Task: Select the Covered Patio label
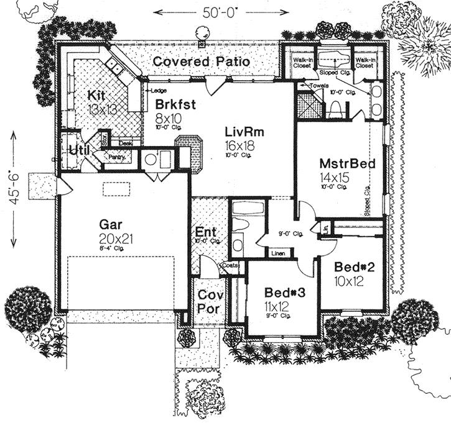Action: click(x=201, y=61)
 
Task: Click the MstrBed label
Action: click(x=346, y=164)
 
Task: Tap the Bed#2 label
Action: click(x=354, y=267)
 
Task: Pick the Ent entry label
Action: click(x=205, y=230)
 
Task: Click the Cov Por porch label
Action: click(x=205, y=302)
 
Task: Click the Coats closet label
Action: click(x=230, y=263)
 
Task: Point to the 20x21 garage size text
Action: click(x=114, y=238)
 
